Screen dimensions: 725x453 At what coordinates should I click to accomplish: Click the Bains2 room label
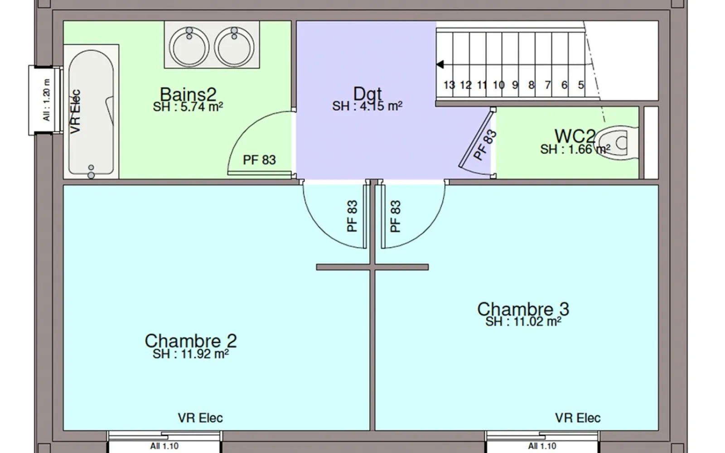coord(188,94)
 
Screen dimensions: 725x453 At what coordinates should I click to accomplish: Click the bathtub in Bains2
coord(91,112)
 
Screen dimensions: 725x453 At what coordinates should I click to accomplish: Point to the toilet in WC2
coord(616,143)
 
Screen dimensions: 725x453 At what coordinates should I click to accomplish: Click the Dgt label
coord(367,94)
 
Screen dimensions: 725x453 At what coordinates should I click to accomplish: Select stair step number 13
coord(449,85)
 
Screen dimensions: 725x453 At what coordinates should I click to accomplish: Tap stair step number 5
coord(581,85)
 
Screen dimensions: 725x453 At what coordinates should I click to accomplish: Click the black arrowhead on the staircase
coord(440,64)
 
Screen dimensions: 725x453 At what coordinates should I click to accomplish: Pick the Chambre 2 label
coord(191,341)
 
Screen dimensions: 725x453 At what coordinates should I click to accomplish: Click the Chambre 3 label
coord(523,309)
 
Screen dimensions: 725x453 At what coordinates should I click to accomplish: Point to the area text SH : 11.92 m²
coord(191,354)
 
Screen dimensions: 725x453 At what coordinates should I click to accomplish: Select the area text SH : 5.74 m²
coord(188,106)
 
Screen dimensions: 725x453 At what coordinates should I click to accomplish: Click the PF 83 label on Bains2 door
coord(259,160)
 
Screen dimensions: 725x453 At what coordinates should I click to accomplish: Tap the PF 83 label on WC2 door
coord(484,145)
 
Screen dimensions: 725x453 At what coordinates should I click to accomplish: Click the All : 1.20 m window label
coord(47,100)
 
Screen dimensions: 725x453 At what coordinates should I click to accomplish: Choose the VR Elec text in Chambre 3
coord(578,418)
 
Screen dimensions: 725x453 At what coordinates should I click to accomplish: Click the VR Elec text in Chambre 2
coord(200,418)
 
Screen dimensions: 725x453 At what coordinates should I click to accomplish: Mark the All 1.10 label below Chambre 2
coord(164,446)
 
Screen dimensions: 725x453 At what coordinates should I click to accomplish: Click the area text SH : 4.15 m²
coord(367,106)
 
